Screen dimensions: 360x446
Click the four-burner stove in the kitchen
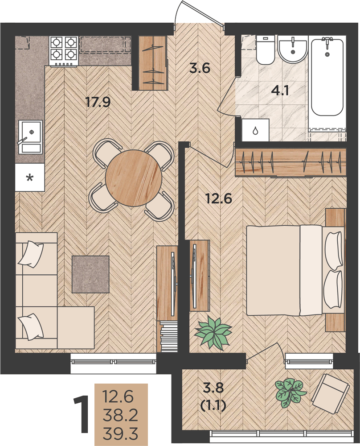pos(63,51)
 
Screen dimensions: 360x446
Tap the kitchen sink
pos(30,136)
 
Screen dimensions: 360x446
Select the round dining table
pos(134,178)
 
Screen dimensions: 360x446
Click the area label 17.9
pos(98,102)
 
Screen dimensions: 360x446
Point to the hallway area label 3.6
pos(200,69)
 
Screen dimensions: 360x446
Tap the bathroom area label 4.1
pos(280,91)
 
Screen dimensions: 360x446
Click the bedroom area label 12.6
pos(219,198)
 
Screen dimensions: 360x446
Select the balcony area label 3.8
pos(213,388)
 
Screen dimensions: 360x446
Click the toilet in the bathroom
pos(266,50)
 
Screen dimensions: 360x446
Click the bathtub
pos(327,77)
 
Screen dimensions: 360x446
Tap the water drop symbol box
pos(255,130)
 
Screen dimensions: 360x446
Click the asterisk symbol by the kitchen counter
pos(29,178)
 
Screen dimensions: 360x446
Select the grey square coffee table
pos(90,274)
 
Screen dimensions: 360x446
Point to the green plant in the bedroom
pos(213,332)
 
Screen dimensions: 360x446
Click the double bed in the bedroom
pos(295,270)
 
